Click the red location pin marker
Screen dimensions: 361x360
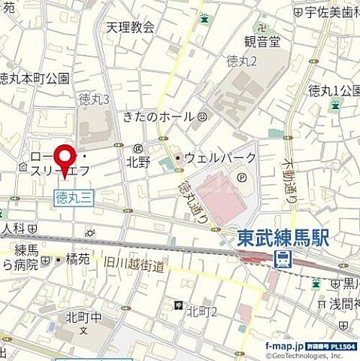(x=65, y=158)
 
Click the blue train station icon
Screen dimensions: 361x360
(x=284, y=260)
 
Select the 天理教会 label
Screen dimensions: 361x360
(x=129, y=27)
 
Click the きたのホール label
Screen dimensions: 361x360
(x=159, y=117)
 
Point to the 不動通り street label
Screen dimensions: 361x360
(x=289, y=177)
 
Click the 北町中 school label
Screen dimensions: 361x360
(x=73, y=317)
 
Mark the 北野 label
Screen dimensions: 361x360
(x=138, y=161)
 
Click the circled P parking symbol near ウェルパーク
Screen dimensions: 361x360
(x=241, y=177)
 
